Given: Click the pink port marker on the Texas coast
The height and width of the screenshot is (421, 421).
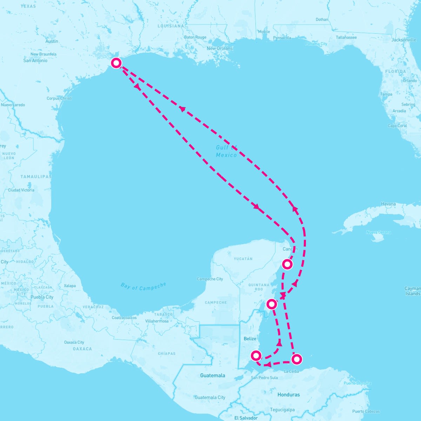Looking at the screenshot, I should coord(116,63).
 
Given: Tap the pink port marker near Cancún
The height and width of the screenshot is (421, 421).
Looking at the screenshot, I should coord(287,264).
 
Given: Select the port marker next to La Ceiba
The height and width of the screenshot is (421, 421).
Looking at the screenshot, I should coord(297,359).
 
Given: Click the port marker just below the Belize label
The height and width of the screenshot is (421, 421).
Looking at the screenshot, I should coord(256,356).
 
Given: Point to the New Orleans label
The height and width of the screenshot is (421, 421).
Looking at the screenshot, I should coord(220,48).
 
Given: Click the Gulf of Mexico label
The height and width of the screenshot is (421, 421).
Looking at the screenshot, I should coord(226,151).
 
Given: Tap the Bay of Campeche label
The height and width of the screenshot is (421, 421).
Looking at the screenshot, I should coord(143,286).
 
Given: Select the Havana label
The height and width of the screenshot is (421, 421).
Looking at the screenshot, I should coord(388,204).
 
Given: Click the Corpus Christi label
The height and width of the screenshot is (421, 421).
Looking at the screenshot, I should coord(59,98).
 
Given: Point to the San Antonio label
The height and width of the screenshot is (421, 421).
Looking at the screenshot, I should coord(35,60).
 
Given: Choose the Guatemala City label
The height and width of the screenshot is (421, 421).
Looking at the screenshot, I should coord(210,397).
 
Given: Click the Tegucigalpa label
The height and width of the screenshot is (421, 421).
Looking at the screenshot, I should coord(282,410).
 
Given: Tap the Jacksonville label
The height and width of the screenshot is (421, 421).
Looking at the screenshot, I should coord(404,40).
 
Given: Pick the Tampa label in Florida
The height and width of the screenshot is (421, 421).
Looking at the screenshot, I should coord(386,94).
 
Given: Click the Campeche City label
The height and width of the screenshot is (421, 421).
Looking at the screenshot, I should coord(210,279).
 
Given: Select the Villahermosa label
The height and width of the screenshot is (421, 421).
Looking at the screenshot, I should coord(157,321).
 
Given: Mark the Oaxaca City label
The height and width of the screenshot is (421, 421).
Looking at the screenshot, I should coord(74,342).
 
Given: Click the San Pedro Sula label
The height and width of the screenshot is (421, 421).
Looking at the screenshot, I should coord(264,378).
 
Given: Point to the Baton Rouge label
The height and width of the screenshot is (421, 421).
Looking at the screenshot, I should coord(195,37).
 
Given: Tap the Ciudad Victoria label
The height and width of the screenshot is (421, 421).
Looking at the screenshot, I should coord(21,190).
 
